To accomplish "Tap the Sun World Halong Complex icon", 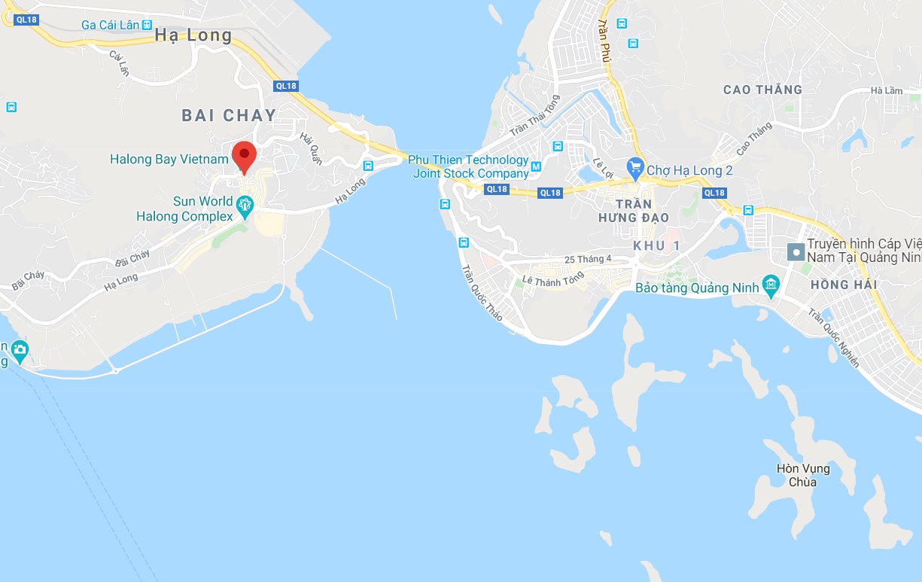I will [x=244, y=203].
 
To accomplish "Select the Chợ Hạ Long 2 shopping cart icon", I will [x=635, y=166].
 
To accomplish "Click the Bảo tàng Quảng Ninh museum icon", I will [x=770, y=285].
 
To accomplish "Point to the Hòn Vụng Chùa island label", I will [x=803, y=475].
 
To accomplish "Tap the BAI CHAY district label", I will [x=229, y=115].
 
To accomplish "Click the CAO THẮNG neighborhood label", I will [x=762, y=90].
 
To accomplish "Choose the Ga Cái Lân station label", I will [x=110, y=25].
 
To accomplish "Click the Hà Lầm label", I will [x=886, y=91].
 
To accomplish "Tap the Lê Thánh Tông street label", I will [x=553, y=279].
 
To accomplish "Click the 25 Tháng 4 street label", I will [x=589, y=260].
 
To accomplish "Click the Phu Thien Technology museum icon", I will [x=536, y=166].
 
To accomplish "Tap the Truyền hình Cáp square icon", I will [x=794, y=251].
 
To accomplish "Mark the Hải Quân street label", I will [x=310, y=148].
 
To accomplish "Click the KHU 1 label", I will [x=656, y=246].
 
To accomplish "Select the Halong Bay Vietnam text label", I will [x=169, y=159].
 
